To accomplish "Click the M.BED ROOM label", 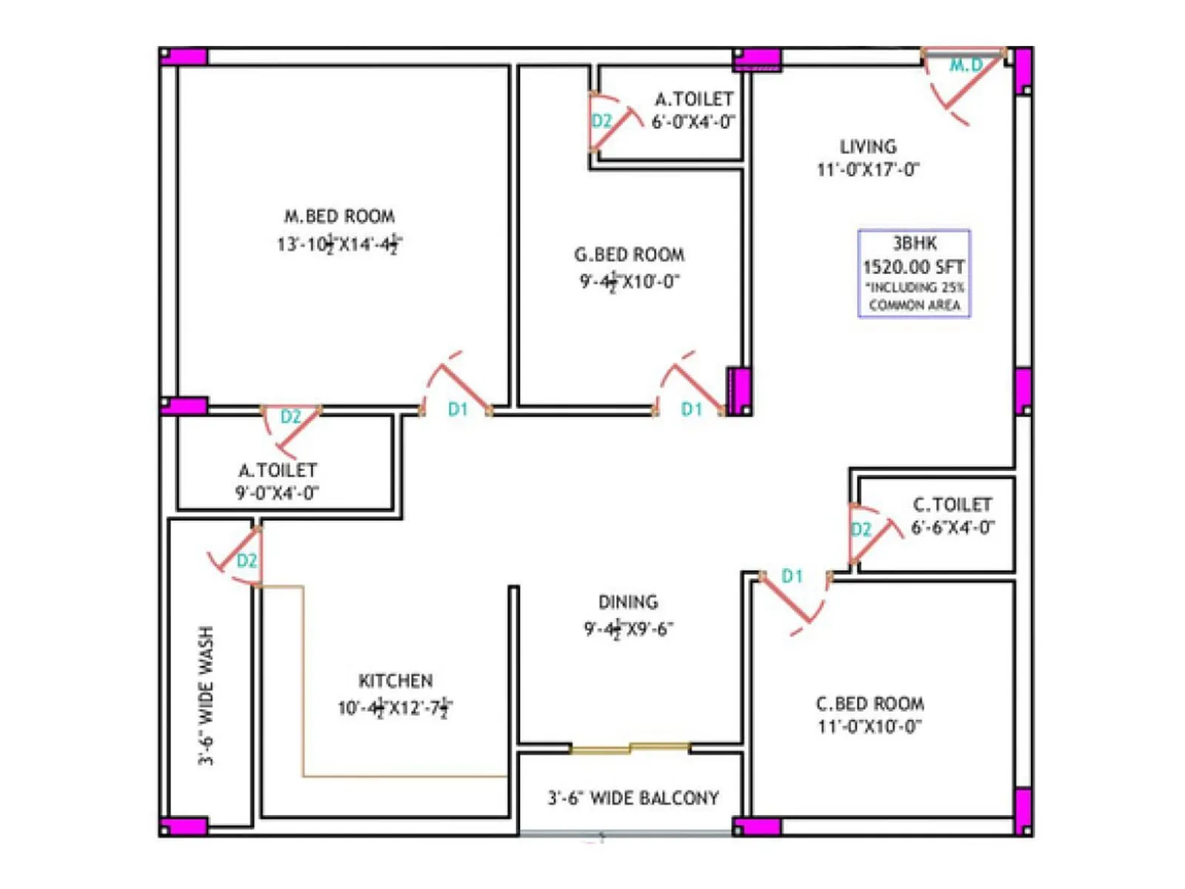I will pos(340,216).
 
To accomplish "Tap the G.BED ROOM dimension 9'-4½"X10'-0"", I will pos(629,282).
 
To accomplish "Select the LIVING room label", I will pos(868,147).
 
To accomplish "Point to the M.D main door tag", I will pos(966,65).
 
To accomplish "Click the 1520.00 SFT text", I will pos(914,267).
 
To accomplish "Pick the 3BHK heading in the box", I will pos(915,243).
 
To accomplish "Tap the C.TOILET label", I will pos(952,505).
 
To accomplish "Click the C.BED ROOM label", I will pos(869,703).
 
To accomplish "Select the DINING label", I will pos(628,602).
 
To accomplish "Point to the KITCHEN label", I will pos(395,681).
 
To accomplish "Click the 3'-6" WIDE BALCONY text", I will pos(633,798).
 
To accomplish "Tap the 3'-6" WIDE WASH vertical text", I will pos(207,695).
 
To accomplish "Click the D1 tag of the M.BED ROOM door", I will pos(458,409).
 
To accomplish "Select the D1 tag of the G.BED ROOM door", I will pos(691,409).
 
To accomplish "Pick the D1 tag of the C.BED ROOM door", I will pos(792,576).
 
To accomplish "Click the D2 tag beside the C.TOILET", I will pos(861,529).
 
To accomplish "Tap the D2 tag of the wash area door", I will pos(247,561).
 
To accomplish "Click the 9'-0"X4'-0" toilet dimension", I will pos(277,493).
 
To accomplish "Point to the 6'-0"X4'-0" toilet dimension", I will pos(693,121).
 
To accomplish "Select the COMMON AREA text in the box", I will pos(915,305).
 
